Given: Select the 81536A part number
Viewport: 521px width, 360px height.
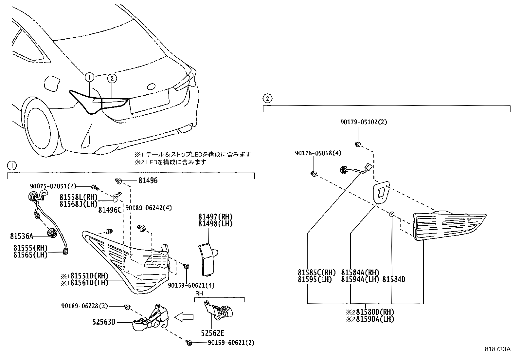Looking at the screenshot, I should pyautogui.click(x=22, y=236).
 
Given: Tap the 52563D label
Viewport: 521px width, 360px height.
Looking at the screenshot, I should pyautogui.click(x=103, y=322).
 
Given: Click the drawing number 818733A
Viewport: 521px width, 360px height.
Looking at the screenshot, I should pyautogui.click(x=497, y=349).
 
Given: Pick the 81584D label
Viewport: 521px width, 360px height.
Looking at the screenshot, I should pyautogui.click(x=394, y=279).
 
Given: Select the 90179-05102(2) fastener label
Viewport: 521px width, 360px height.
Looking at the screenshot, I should pyautogui.click(x=363, y=122).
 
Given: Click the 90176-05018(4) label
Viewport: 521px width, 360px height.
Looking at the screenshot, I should pyautogui.click(x=314, y=153).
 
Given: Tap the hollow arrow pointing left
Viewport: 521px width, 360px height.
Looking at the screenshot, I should pyautogui.click(x=184, y=317).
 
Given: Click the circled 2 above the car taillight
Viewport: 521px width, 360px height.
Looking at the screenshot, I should pyautogui.click(x=112, y=78).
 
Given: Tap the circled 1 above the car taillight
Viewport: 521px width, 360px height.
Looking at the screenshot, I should pyautogui.click(x=89, y=77).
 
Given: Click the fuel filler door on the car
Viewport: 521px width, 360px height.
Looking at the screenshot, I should pyautogui.click(x=52, y=84).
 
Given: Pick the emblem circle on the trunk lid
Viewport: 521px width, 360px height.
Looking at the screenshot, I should pyautogui.click(x=152, y=86).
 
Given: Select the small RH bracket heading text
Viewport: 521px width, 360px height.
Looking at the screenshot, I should pyautogui.click(x=199, y=294).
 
